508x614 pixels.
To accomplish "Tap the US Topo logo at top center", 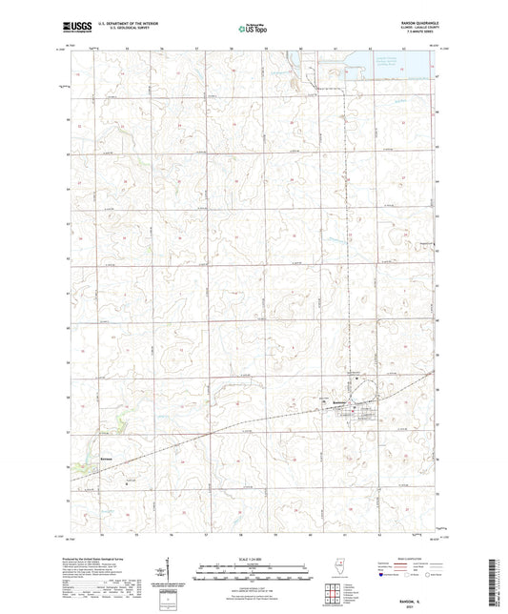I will pyautogui.click(x=253, y=30).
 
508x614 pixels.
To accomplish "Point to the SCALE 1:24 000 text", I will pyautogui.click(x=253, y=560).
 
